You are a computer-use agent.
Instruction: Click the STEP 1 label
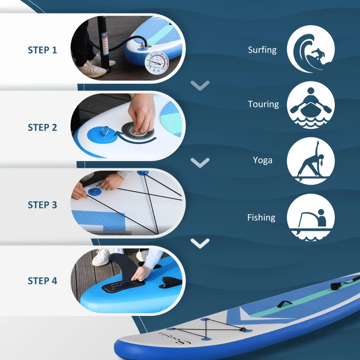[42, 50]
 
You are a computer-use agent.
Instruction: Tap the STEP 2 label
[42, 127]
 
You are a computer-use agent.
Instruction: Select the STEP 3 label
[42, 205]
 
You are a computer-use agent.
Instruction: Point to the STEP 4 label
[42, 281]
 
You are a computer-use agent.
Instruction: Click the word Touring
[263, 104]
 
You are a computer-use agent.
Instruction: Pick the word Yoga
[262, 160]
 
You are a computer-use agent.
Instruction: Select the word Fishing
[261, 217]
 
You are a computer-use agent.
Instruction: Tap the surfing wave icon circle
[311, 49]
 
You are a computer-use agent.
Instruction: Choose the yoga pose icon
[311, 161]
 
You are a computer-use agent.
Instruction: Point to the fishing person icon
[311, 217]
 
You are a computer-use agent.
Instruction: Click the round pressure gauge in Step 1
[155, 64]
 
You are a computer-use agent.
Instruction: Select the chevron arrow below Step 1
[200, 85]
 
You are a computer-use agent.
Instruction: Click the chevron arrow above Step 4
[200, 243]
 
